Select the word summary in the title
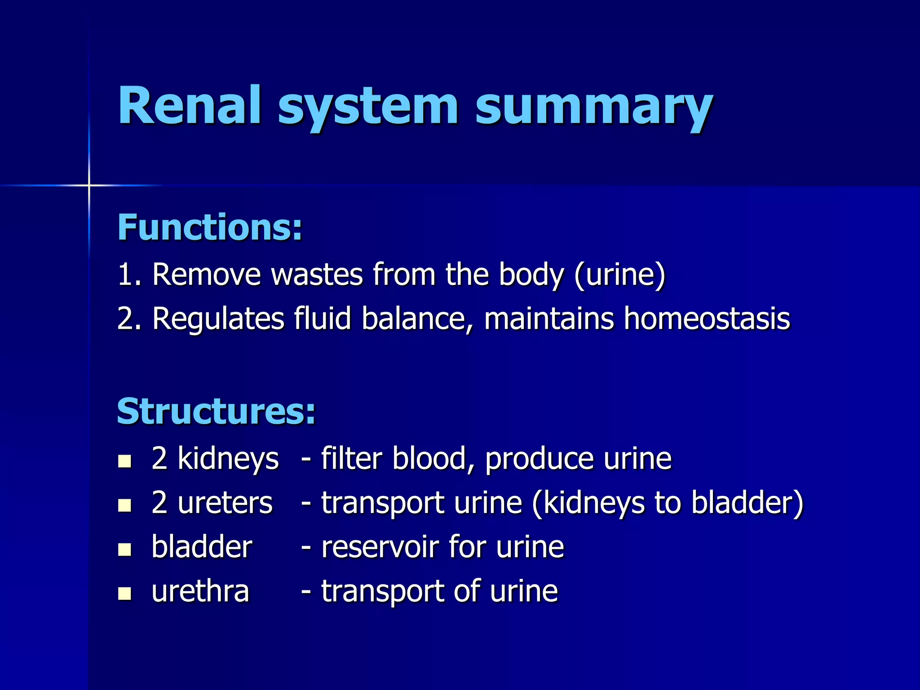(594, 108)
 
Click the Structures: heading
(216, 411)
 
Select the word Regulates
(218, 319)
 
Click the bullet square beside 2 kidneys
(124, 461)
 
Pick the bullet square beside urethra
(124, 593)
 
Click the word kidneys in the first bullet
(228, 459)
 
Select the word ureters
(225, 503)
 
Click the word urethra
(200, 591)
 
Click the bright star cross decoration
(89, 185)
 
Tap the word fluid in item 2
(322, 318)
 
